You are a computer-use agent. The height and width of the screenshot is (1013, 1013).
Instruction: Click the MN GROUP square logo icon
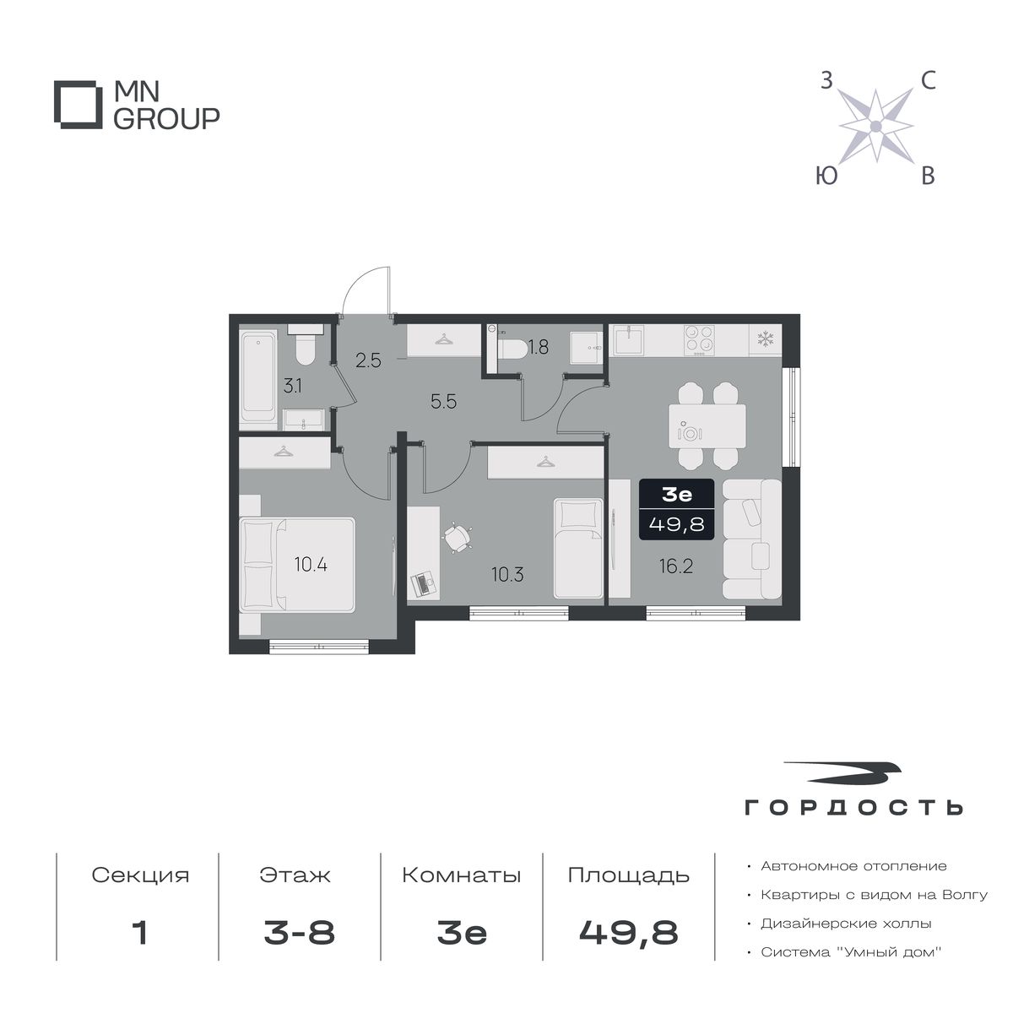[x=76, y=105]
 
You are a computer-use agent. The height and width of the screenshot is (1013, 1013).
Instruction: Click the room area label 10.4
[x=311, y=565]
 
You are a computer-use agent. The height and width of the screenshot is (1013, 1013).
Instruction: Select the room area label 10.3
[x=507, y=575]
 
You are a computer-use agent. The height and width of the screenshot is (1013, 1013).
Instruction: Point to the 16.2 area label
[x=676, y=566]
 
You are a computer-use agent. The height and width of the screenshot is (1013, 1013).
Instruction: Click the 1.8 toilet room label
[x=539, y=347]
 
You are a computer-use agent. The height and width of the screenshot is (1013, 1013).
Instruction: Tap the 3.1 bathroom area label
[x=292, y=387]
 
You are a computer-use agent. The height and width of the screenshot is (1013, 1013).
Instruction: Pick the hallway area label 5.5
[x=444, y=402]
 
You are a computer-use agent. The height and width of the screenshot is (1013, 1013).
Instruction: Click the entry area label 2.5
[x=368, y=360]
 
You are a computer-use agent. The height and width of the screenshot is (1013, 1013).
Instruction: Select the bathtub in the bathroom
[x=258, y=380]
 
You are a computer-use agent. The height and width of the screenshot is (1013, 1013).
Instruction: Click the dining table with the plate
[x=707, y=425]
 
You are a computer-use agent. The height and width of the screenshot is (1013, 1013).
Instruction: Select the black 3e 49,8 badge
[x=676, y=509]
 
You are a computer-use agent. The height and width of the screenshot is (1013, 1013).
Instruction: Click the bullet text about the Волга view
[x=874, y=895]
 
